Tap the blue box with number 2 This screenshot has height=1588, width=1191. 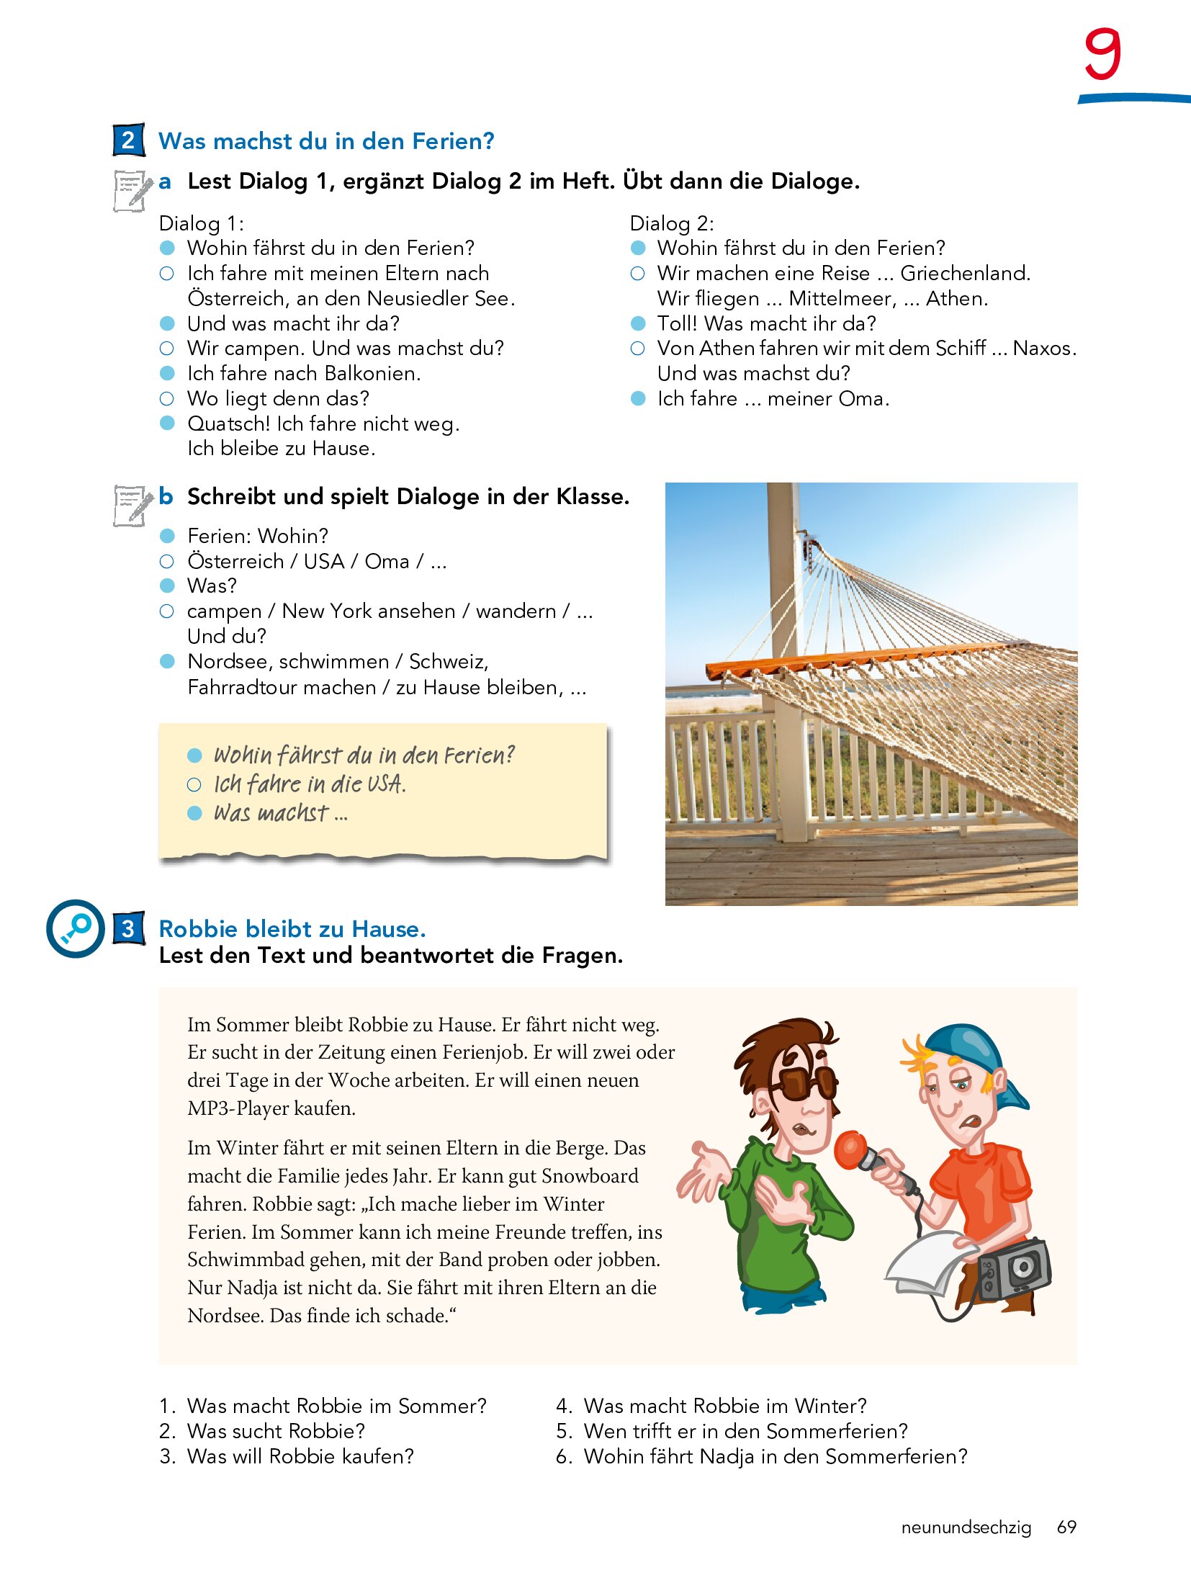128,140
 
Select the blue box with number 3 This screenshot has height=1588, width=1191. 128,928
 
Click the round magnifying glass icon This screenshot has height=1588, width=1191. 76,928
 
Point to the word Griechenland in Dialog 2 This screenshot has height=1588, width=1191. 965,274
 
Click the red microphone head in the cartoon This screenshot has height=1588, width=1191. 850,1149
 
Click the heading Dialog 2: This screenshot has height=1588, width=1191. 671,223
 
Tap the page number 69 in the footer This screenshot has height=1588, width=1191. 1066,1527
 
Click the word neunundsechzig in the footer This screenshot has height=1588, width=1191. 966,1528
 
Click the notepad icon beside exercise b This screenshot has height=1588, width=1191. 132,505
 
